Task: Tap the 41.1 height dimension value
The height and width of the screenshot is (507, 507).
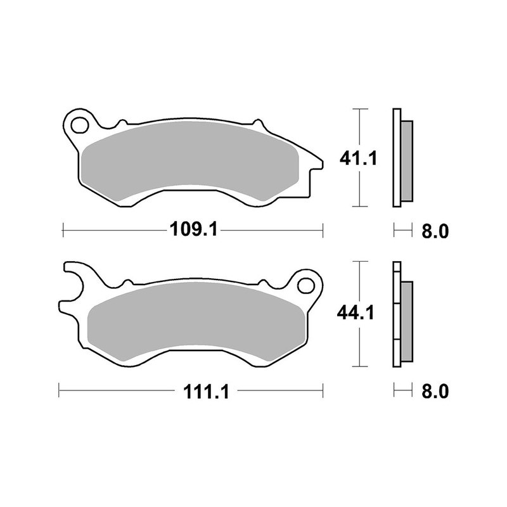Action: point(359,158)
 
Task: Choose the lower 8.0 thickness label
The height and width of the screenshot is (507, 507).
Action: point(435,392)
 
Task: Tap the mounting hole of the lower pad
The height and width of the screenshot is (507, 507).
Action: point(306,283)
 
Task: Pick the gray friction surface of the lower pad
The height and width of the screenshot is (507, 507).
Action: point(196,320)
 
